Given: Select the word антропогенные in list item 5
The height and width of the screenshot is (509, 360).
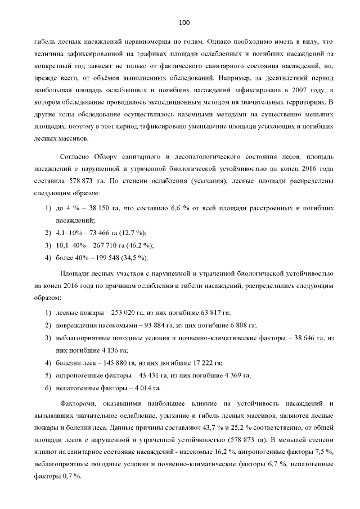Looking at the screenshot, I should tap(80, 375).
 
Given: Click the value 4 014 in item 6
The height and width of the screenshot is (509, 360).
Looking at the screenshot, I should tap(148, 388).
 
